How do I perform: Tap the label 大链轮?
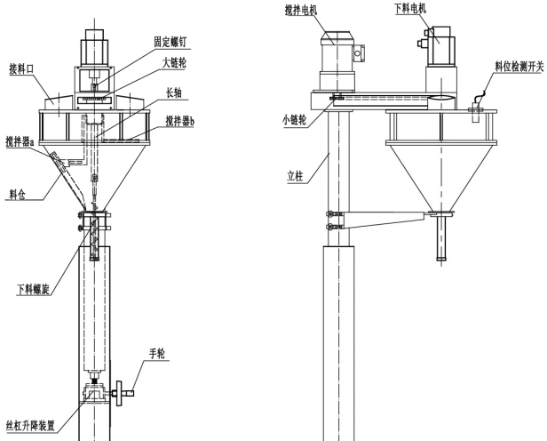[x=177, y=62]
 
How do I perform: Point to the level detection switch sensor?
[x=477, y=107]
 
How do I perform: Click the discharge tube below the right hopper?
[x=440, y=238]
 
